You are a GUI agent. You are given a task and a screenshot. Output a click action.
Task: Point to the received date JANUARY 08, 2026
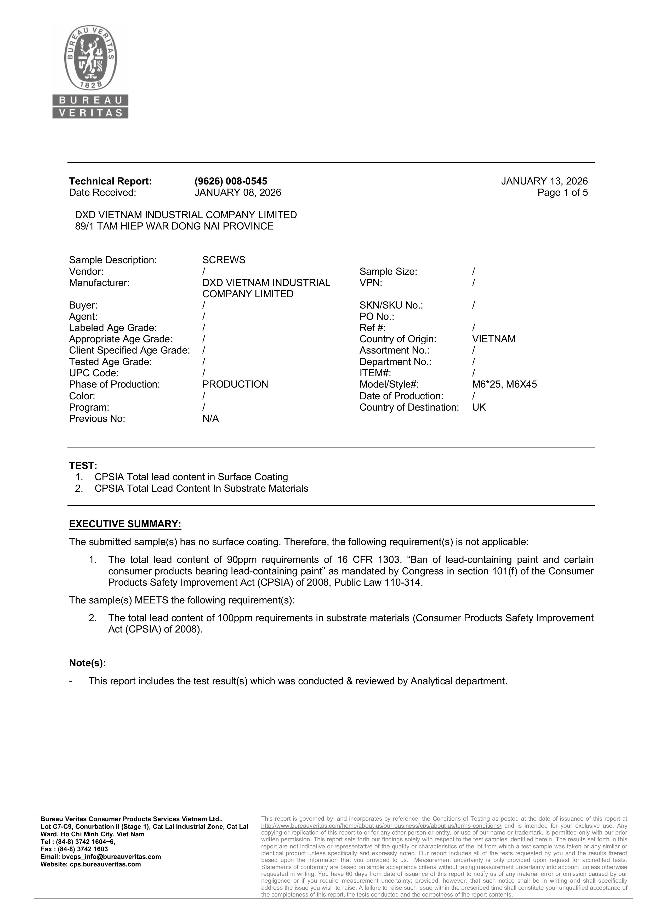coord(237,192)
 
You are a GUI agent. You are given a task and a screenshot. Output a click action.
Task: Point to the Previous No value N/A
coord(210,419)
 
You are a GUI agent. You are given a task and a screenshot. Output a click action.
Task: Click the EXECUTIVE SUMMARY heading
coord(125,524)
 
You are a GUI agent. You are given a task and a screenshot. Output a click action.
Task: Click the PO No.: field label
coord(377,317)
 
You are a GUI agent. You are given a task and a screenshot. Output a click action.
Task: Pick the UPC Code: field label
coord(94,373)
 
